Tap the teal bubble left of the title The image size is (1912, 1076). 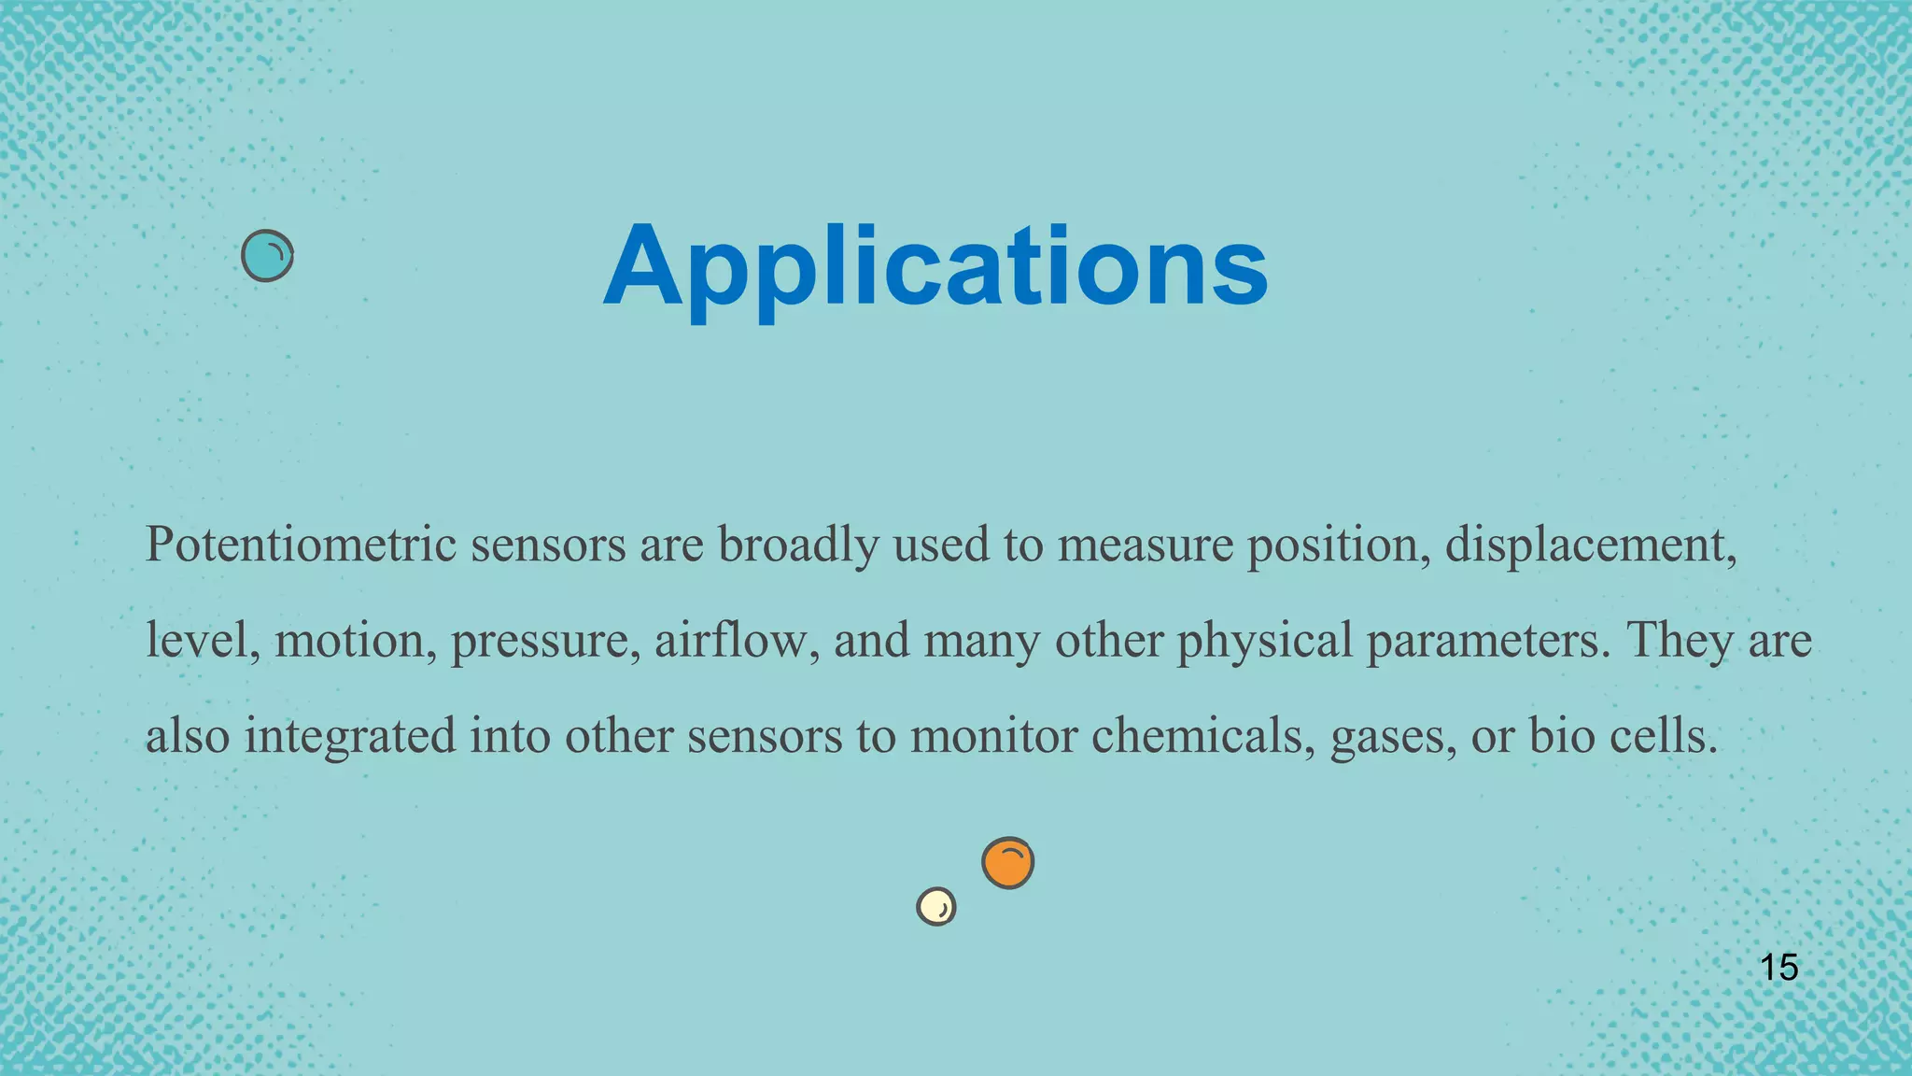267,256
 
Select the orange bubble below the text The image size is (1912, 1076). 1007,863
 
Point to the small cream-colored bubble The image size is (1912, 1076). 935,906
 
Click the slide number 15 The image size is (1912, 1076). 1778,968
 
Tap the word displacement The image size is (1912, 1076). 1591,545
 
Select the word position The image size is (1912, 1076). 1340,546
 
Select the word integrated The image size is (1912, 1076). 350,737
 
